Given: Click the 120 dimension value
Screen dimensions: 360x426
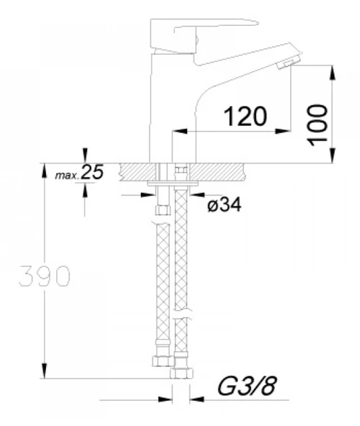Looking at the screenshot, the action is click(x=245, y=117).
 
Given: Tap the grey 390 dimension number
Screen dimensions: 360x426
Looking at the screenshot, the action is click(x=45, y=276).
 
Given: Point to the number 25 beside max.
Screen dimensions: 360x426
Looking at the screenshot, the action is click(x=92, y=172).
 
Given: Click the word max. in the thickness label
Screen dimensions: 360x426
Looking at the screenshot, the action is click(x=67, y=176).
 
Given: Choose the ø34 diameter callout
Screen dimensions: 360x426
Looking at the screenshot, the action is click(x=224, y=204).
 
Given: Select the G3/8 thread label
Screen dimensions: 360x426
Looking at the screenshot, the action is click(x=247, y=386).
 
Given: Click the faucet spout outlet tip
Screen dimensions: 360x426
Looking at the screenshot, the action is click(x=288, y=63).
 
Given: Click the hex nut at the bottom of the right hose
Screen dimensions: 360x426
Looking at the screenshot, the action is click(x=181, y=373).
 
